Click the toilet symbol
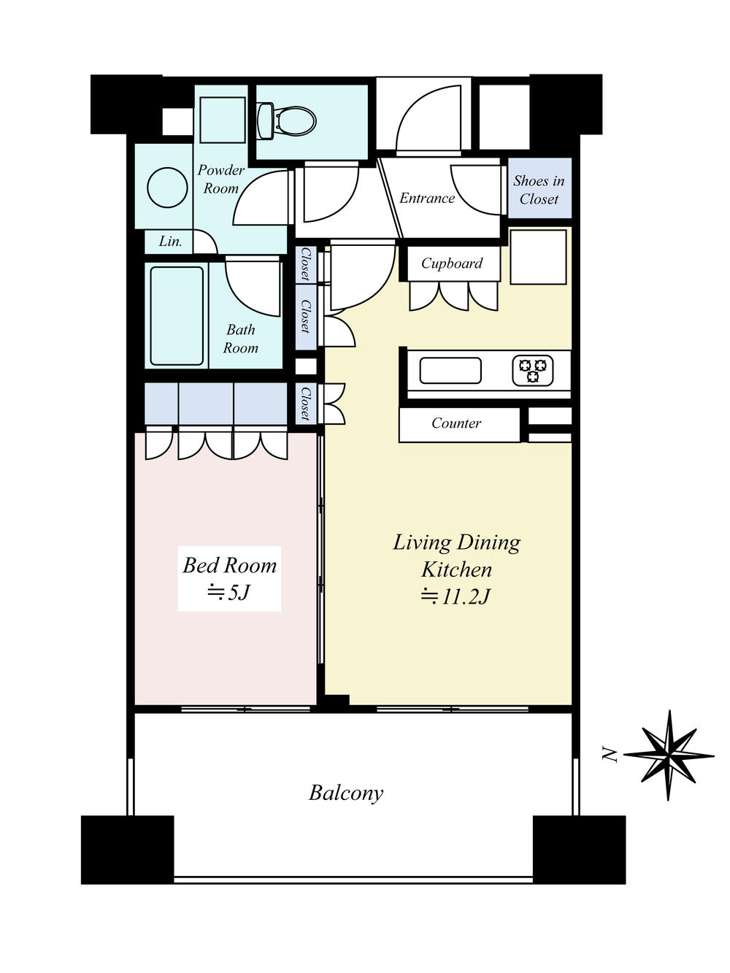(287, 120)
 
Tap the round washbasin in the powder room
(168, 188)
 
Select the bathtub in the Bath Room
(177, 316)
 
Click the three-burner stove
(533, 370)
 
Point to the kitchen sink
(450, 370)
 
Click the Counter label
(456, 423)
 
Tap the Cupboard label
(452, 264)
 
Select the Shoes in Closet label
(539, 190)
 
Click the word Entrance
(426, 199)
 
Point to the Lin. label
(170, 242)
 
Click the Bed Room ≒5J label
(229, 578)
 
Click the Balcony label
(346, 793)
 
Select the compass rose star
(669, 755)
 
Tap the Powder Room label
(220, 179)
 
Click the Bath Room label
(241, 339)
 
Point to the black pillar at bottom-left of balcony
(127, 850)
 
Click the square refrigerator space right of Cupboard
(539, 257)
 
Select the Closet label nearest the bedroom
(304, 404)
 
